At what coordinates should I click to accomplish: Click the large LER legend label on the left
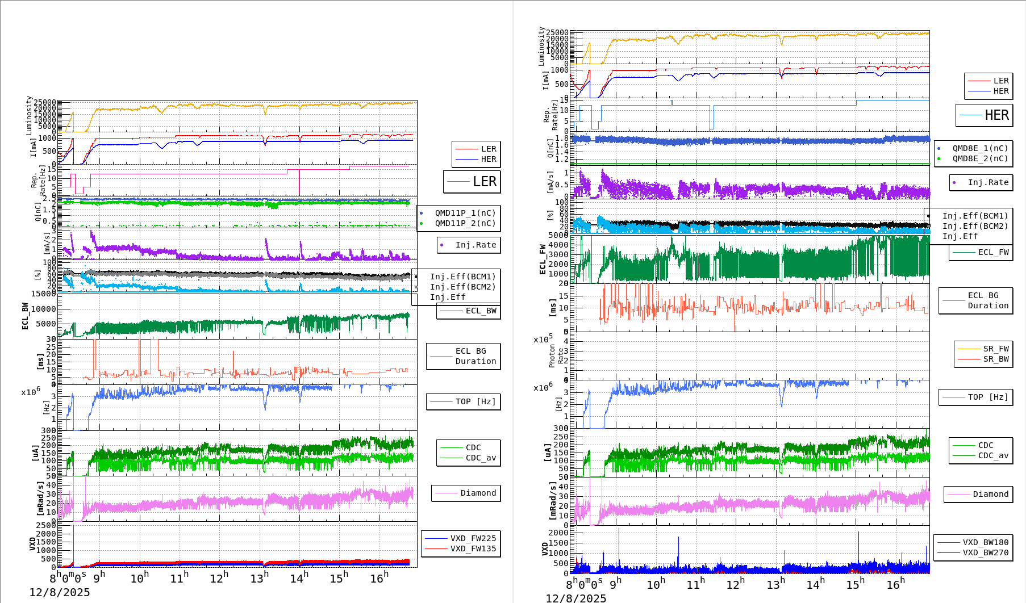click(484, 182)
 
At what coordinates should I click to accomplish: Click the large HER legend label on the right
click(996, 115)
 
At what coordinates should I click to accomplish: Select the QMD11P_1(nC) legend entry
click(465, 213)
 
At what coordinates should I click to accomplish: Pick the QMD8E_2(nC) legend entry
click(980, 158)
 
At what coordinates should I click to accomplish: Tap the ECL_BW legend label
click(481, 311)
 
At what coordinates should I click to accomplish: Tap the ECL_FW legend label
click(993, 252)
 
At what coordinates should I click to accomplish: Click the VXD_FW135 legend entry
click(473, 548)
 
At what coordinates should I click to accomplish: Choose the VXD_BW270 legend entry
click(985, 552)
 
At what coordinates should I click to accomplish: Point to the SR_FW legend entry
click(996, 349)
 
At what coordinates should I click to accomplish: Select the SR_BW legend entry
click(996, 359)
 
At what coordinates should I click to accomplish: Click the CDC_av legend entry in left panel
click(481, 458)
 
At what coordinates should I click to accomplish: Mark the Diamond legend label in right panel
click(990, 494)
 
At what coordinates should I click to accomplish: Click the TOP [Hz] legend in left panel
click(475, 401)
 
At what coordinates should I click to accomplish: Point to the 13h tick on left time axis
click(259, 578)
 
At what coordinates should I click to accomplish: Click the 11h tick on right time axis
click(696, 584)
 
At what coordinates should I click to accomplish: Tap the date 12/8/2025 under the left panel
click(60, 592)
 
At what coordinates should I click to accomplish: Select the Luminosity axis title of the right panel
click(541, 45)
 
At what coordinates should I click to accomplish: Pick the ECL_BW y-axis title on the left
click(25, 316)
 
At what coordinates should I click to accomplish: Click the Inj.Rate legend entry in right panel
click(988, 182)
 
